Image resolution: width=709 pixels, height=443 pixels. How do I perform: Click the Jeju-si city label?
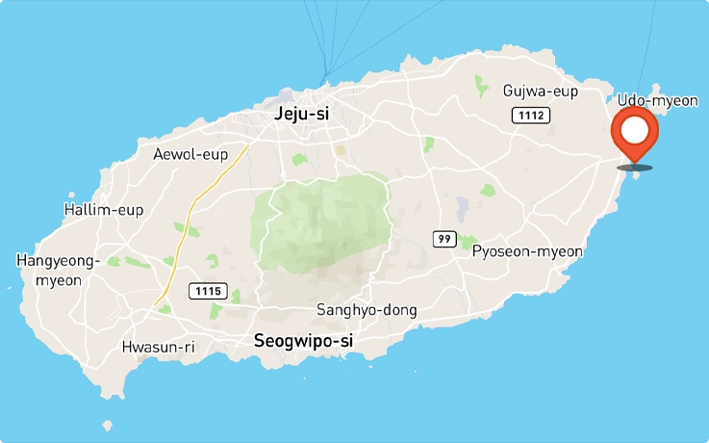click(301, 114)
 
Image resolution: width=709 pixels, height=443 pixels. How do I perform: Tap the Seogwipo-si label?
click(303, 340)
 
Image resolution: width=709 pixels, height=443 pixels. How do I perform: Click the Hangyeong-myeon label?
click(58, 270)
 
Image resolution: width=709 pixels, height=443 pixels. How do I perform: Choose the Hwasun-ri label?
click(159, 347)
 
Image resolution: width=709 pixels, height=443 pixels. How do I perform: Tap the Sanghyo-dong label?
click(367, 310)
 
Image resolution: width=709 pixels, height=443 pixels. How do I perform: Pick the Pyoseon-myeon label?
click(527, 251)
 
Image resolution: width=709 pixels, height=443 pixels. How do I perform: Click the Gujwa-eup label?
click(540, 91)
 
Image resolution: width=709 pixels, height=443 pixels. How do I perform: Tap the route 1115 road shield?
click(207, 290)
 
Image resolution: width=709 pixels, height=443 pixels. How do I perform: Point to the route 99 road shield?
click(443, 239)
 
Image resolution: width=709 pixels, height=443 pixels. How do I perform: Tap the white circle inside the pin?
click(635, 129)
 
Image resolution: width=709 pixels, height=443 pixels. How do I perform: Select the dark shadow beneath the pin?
click(635, 168)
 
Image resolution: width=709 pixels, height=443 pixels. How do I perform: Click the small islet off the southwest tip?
click(108, 426)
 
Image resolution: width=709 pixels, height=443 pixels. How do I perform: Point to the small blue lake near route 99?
click(463, 206)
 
